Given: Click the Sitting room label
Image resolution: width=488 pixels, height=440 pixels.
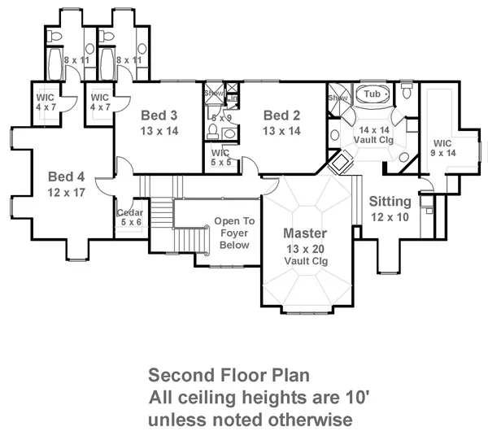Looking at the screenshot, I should [x=390, y=201].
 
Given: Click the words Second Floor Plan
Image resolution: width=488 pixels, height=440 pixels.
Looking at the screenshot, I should [x=229, y=376].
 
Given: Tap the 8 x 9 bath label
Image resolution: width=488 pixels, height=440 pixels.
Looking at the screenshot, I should [x=220, y=118].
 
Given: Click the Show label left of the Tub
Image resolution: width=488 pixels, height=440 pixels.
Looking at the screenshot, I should [x=337, y=98].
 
